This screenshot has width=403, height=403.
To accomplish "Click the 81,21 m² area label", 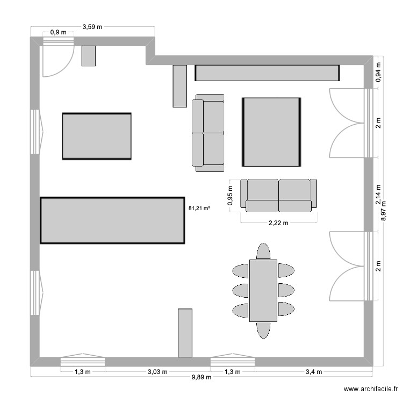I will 199,207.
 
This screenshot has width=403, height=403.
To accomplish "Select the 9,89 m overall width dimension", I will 201,377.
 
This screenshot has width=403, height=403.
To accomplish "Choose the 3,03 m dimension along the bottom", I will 158,371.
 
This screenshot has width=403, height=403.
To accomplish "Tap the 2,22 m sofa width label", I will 278,224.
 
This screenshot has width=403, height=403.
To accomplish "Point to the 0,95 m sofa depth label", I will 231,196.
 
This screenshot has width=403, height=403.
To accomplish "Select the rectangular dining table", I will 263,290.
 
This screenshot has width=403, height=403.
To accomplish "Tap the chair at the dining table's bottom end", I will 263,329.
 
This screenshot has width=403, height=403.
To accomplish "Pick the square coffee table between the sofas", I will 271,132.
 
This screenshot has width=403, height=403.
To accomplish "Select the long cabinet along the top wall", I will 267,73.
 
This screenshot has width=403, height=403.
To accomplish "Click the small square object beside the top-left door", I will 88,56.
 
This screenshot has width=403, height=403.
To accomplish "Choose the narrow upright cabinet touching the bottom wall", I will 185,333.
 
